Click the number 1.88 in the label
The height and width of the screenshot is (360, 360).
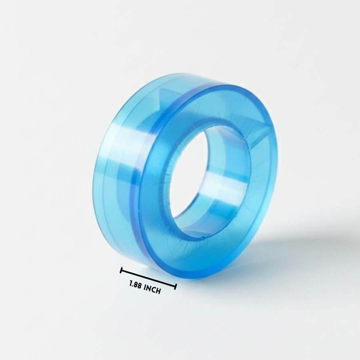point(135,285)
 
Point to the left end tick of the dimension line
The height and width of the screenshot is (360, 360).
point(121,270)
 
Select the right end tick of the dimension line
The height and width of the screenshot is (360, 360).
point(176,287)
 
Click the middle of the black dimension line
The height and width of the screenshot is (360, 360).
point(148,278)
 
